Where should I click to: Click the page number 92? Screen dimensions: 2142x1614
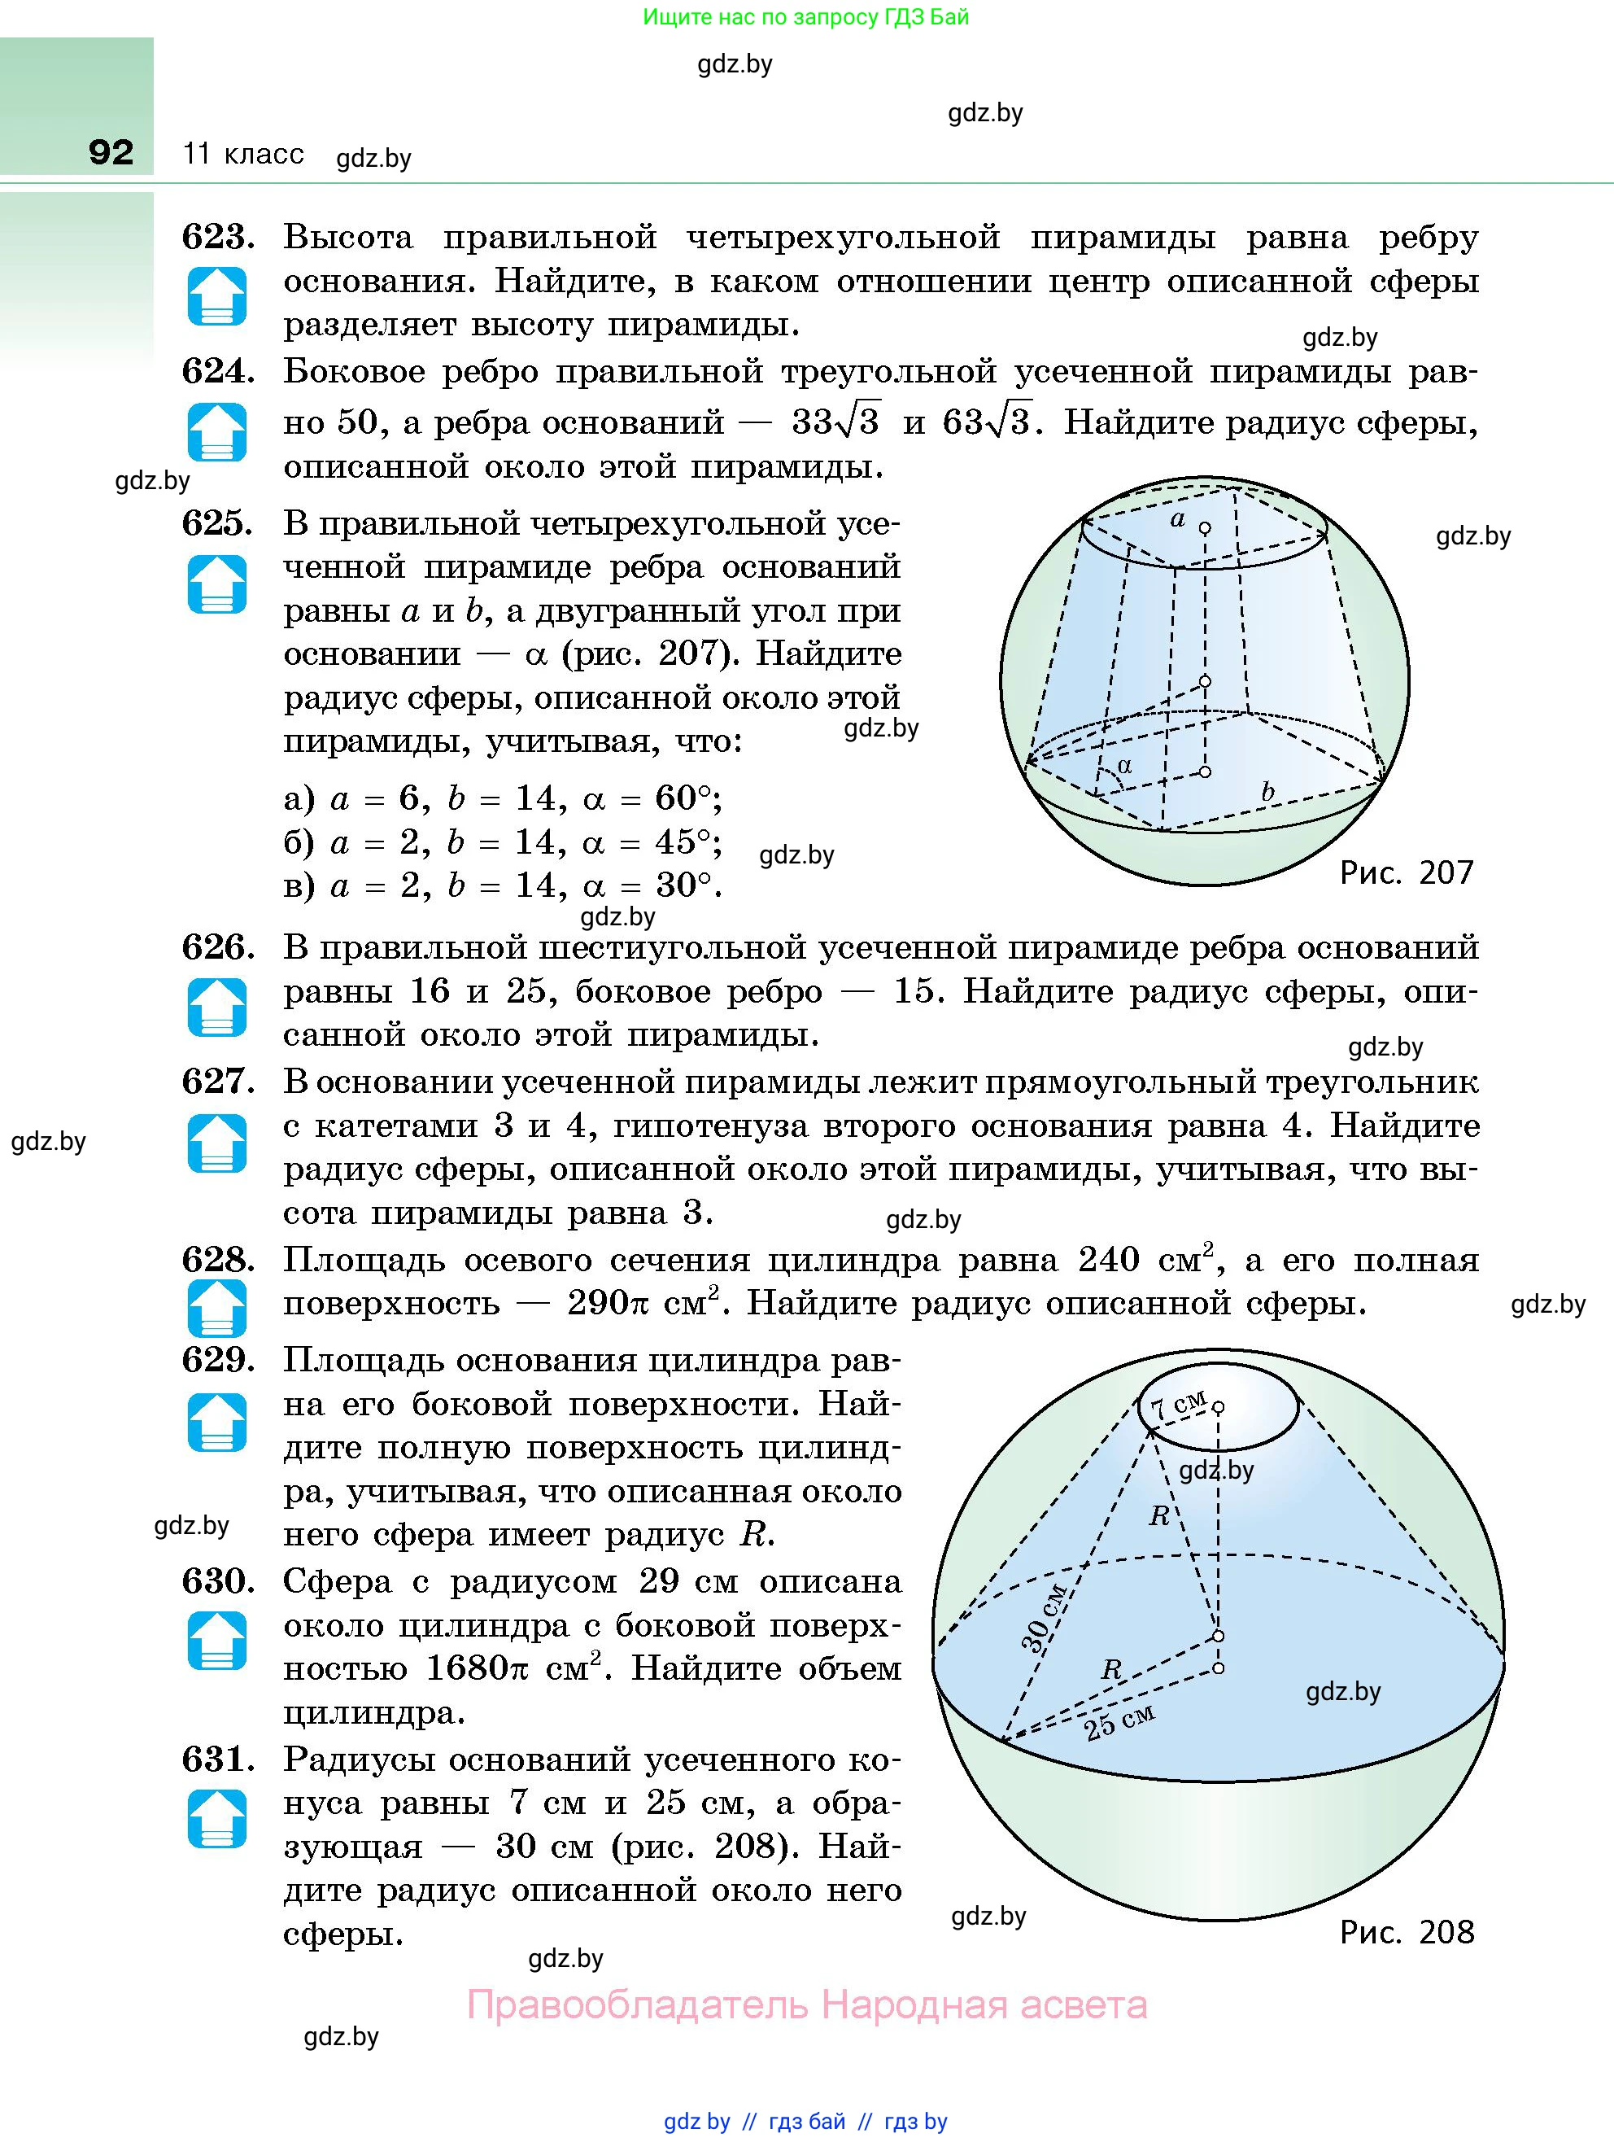[111, 152]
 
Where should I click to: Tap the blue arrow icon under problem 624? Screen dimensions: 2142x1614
[217, 432]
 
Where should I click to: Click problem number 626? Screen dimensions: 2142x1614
[218, 947]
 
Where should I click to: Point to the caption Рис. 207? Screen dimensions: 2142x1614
[1406, 872]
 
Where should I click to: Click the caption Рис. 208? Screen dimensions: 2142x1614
[1406, 1932]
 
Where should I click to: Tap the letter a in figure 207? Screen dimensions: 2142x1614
[1177, 519]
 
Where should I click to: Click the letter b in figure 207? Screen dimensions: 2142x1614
[1267, 791]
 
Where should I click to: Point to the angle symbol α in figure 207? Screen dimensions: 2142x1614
[1124, 765]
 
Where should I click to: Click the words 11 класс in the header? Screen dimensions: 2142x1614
[243, 154]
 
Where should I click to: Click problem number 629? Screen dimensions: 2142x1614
[218, 1361]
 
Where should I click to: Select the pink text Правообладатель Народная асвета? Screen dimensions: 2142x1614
[806, 2004]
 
